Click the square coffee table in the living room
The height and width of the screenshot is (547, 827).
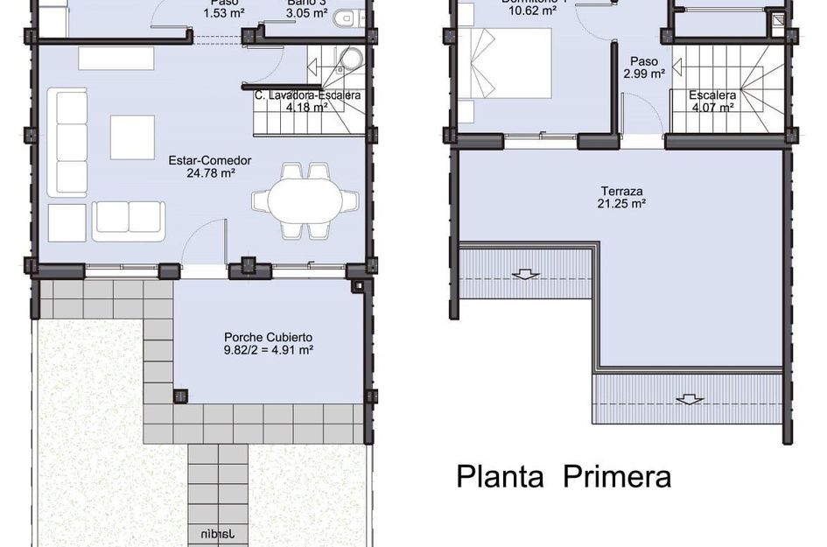132,137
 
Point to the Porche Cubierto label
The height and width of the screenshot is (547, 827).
269,337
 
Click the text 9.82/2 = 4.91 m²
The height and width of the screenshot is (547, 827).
269,350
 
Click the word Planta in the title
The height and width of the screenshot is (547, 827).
503,477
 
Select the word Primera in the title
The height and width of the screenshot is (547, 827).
617,477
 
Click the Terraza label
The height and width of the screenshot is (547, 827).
622,190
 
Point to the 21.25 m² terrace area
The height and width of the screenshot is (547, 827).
622,203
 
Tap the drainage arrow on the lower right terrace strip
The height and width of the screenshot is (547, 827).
690,400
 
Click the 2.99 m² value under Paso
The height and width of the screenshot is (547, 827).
644,74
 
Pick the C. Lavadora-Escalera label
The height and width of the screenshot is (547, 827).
308,95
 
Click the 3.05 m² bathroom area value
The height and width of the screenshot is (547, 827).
307,13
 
